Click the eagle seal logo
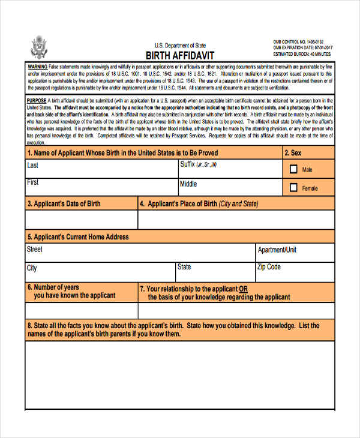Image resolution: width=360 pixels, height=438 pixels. pyautogui.click(x=39, y=46)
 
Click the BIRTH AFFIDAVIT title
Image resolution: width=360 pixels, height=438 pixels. pyautogui.click(x=180, y=54)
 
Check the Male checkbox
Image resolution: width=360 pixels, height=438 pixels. pyautogui.click(x=293, y=170)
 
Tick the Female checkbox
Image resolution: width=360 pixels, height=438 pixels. pyautogui.click(x=293, y=188)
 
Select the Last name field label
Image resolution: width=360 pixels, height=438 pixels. pyautogui.click(x=33, y=166)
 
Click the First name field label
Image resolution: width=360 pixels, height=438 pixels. pyautogui.click(x=33, y=182)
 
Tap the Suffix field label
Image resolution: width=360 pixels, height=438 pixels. pyautogui.click(x=198, y=164)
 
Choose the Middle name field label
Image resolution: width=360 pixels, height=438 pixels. pyautogui.click(x=188, y=184)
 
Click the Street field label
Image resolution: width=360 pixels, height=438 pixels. pyautogui.click(x=35, y=249)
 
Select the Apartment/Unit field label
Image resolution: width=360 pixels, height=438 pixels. pyautogui.click(x=277, y=250)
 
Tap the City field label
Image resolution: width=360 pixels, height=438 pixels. pyautogui.click(x=32, y=268)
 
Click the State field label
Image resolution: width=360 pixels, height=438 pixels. pyautogui.click(x=184, y=266)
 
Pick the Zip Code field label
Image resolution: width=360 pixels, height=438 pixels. pyautogui.click(x=269, y=266)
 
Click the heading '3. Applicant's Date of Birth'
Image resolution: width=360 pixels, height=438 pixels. pyautogui.click(x=64, y=204)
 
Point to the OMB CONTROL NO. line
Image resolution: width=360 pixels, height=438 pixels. pyautogui.click(x=297, y=41)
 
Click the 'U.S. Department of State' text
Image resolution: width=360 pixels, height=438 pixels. pyautogui.click(x=180, y=45)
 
